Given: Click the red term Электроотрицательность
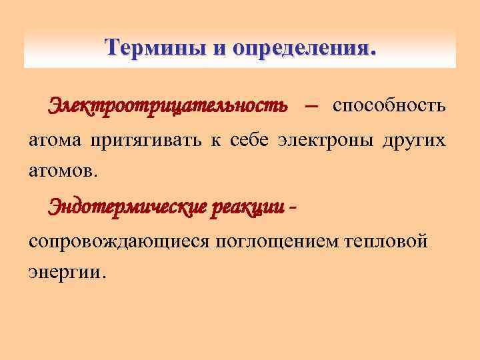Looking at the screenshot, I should (x=167, y=105).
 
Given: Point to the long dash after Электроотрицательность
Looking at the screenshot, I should (x=310, y=106).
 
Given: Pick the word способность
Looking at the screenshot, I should (x=390, y=105).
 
